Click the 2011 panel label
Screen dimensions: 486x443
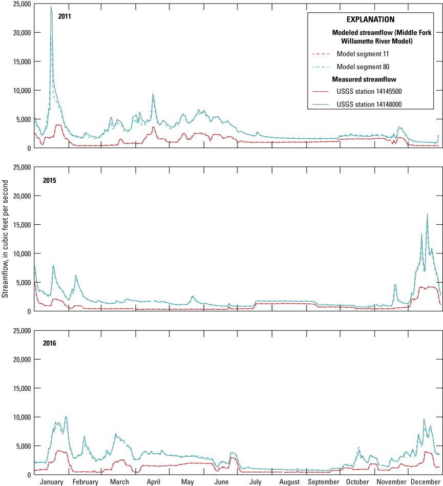65,16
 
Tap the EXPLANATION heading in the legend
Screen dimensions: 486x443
370,20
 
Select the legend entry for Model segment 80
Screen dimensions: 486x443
360,67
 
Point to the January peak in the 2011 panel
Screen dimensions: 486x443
51,7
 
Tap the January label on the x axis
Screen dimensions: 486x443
51,482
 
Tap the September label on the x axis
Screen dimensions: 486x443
323,482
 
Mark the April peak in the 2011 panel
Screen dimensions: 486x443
153,94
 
